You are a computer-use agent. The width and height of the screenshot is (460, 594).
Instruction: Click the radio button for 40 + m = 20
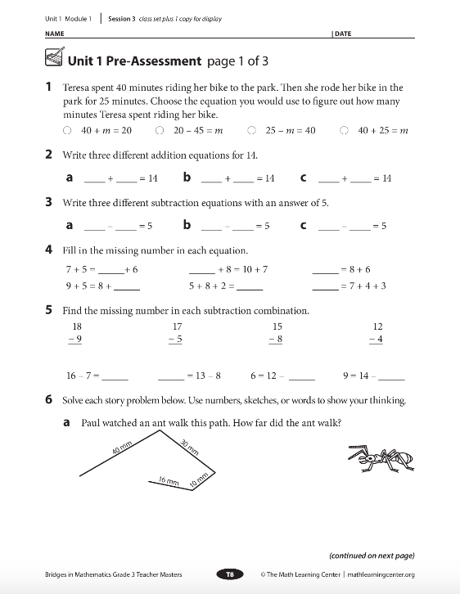(x=66, y=130)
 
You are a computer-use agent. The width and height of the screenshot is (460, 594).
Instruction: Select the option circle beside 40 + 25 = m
(x=345, y=130)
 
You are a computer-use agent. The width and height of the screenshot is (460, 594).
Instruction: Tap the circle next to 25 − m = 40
(x=252, y=130)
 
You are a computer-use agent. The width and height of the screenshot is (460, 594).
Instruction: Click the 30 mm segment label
(x=190, y=448)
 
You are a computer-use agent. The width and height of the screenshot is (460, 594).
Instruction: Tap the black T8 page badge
(x=230, y=574)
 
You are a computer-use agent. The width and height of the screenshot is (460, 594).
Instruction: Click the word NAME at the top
(x=54, y=34)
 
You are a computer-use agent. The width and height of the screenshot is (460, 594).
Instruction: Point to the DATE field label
(x=342, y=34)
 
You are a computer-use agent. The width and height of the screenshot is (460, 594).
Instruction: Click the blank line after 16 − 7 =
(x=115, y=377)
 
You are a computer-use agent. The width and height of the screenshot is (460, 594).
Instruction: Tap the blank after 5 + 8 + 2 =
(x=250, y=287)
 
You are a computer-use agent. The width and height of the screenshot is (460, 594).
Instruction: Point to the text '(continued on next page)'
(x=372, y=555)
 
